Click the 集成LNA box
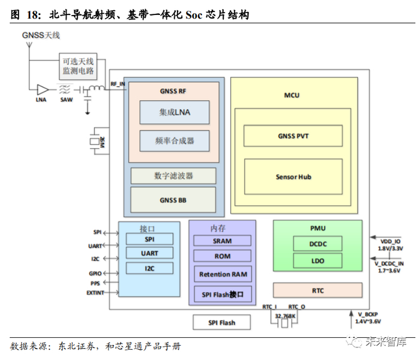click(175, 112)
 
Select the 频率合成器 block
click(175, 140)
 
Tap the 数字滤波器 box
click(173, 176)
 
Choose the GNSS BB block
click(173, 200)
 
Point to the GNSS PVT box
click(293, 136)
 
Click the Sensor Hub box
click(293, 176)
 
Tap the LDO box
click(318, 260)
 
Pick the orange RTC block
click(317, 290)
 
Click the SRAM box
click(222, 241)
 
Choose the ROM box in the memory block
click(222, 256)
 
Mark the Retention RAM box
click(222, 274)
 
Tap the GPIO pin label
click(96, 272)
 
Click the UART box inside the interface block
click(149, 253)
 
